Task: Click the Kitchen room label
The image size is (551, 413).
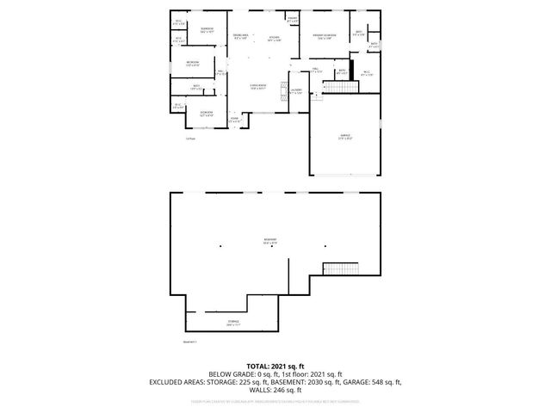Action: coord(275,39)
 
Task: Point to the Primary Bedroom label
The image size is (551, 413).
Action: coord(324,37)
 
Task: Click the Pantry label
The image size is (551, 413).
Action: coord(293,19)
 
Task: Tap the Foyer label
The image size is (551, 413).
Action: coord(233,119)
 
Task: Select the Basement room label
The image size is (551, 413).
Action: coord(270,241)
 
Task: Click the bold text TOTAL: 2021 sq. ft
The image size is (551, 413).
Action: coord(275,366)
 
